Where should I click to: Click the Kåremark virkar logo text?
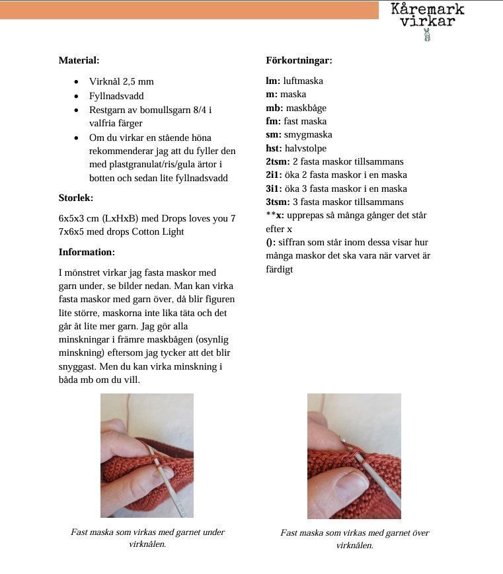pos(427,15)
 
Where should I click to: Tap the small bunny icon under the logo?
pos(427,35)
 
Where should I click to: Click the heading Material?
pos(79,60)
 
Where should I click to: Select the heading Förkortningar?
pos(299,60)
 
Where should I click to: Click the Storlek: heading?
pos(76,198)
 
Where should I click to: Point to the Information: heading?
pos(87,252)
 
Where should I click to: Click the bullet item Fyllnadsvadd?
pos(116,96)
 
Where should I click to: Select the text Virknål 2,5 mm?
pos(122,81)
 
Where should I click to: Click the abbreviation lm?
pos(273,81)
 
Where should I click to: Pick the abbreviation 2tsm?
pos(278,161)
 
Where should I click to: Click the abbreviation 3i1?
pos(276,188)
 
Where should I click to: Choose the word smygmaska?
pos(308,134)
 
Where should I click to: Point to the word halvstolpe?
pos(305,148)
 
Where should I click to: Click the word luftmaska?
pos(303,81)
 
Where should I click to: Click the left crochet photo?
pos(147,455)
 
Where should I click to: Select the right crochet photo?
pos(354,456)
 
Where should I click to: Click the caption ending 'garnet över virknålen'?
pos(354,539)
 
